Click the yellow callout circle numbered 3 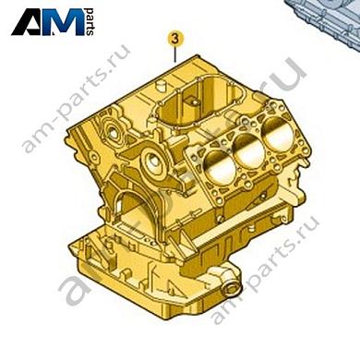(x=174, y=39)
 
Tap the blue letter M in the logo (x=66, y=22)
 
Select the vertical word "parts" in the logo (x=90, y=23)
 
